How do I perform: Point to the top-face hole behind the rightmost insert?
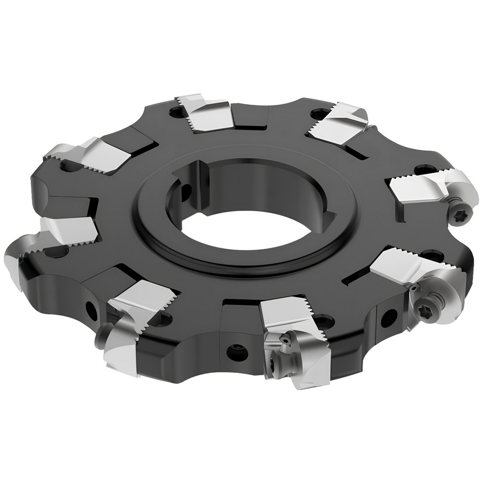pyautogui.click(x=423, y=170)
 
